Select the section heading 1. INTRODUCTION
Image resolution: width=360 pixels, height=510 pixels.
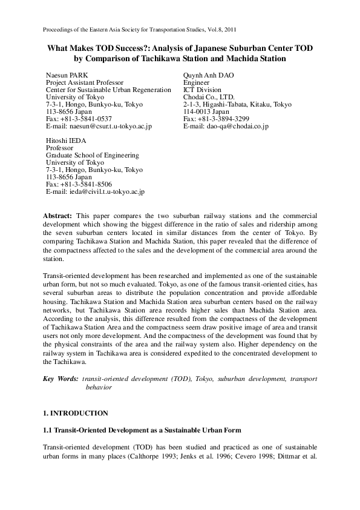pos(76,413)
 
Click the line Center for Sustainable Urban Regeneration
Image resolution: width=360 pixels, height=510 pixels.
pos(108,90)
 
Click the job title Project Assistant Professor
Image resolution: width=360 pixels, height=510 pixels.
pos(85,82)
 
